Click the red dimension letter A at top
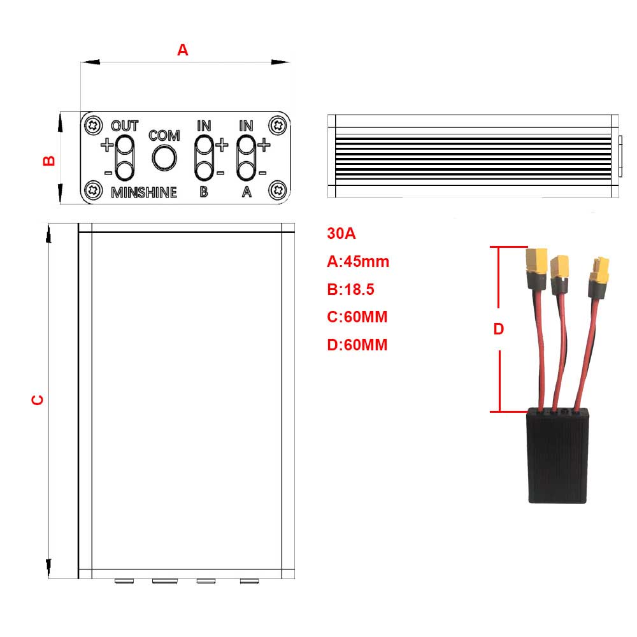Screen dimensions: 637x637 coord(183,50)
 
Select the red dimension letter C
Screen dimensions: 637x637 coord(38,399)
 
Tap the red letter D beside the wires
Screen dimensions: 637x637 coord(499,329)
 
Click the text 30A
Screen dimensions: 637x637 coord(341,233)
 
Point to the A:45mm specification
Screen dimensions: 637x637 coord(357,261)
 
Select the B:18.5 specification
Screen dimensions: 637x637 coord(350,290)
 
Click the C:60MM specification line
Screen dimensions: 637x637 coord(357,317)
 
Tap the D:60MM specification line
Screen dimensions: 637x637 coord(357,345)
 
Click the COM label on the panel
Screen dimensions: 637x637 coord(164,136)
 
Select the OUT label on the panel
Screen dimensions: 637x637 coord(125,125)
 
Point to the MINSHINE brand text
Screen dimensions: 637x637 coord(144,192)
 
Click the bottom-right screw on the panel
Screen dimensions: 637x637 coord(277,189)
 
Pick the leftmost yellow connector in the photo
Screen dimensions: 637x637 coord(536,261)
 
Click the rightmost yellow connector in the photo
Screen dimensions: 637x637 coord(599,271)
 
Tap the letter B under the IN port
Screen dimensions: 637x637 coord(203,192)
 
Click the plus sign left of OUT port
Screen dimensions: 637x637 coord(106,145)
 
